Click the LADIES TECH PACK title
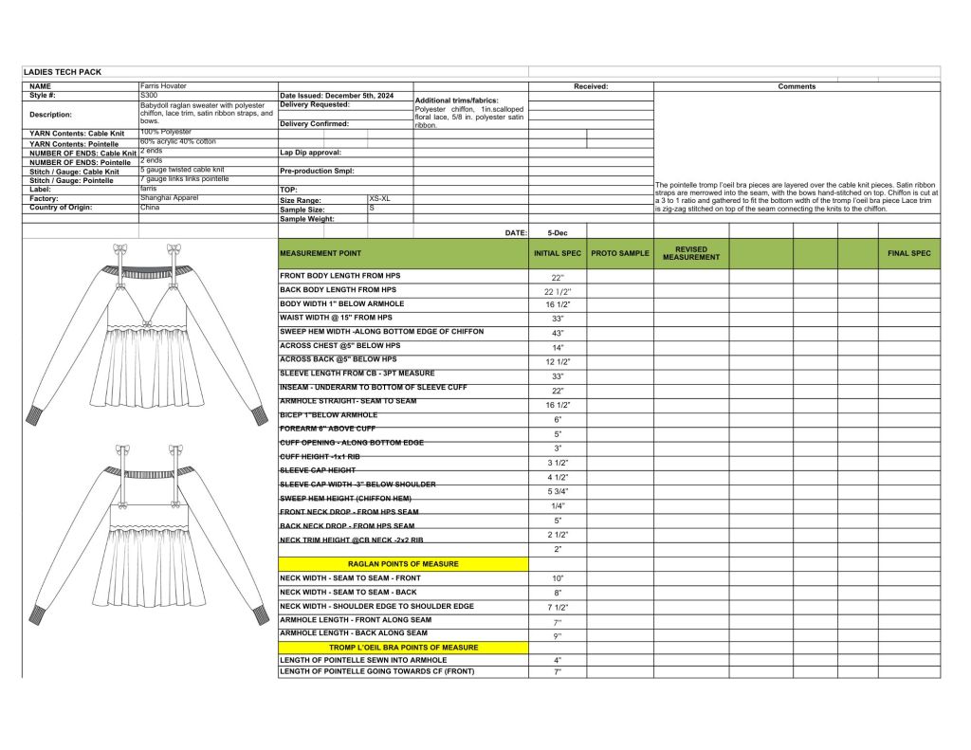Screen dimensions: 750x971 [x=63, y=72]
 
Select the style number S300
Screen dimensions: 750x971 [x=150, y=96]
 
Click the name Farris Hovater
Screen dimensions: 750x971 [x=163, y=86]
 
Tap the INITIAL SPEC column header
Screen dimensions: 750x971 [x=558, y=253]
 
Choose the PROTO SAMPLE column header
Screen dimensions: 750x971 [x=620, y=253]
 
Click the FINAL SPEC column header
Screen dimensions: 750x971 [x=908, y=253]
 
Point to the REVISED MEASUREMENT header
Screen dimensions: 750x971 [x=690, y=253]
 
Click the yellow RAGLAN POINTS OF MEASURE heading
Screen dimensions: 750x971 [x=403, y=564]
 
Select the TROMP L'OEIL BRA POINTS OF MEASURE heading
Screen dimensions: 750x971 [x=403, y=648]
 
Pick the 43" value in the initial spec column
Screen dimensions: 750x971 [x=558, y=334]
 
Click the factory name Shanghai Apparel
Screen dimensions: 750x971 [x=169, y=198]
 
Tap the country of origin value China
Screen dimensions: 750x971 [x=150, y=208]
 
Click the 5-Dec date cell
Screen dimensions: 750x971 [x=558, y=232]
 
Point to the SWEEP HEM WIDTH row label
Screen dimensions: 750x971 [x=381, y=331]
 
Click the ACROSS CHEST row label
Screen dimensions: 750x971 [x=338, y=345]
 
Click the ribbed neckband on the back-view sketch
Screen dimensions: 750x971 [x=146, y=474]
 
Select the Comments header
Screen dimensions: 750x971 [x=797, y=86]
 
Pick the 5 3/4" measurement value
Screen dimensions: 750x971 [x=558, y=491]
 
